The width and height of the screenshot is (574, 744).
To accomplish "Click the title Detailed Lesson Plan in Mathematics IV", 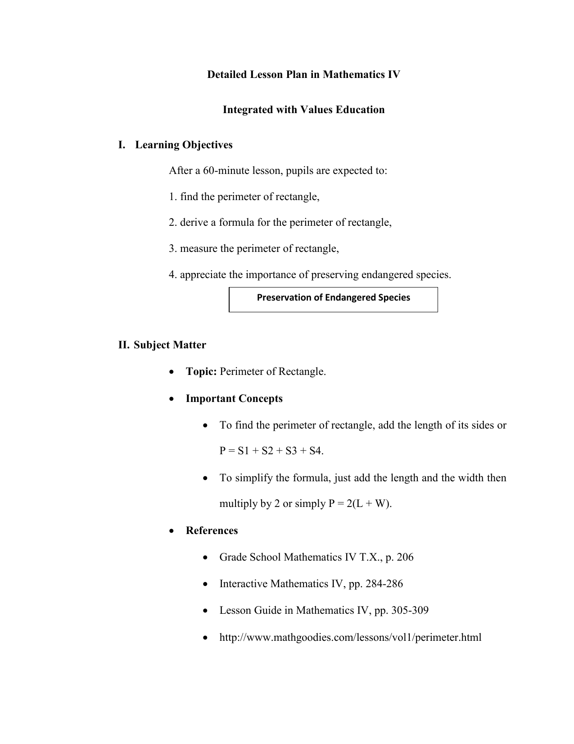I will click(303, 74).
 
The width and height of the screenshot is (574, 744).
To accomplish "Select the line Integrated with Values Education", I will click(303, 110).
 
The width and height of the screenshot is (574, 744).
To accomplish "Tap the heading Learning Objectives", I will click(184, 145).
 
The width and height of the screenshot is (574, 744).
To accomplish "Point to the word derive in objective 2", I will click(194, 223).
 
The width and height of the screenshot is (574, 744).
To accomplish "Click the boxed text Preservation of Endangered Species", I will click(333, 297).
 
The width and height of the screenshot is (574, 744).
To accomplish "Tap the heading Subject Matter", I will click(170, 345).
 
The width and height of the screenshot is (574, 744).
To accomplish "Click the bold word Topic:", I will click(201, 372).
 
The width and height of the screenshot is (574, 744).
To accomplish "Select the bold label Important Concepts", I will click(234, 399).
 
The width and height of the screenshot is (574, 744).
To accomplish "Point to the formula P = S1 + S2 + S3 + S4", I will click(271, 451).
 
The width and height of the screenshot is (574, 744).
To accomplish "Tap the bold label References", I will click(212, 531).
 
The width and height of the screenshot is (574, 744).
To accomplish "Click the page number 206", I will click(405, 557).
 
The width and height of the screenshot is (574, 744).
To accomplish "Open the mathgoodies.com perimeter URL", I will click(350, 637).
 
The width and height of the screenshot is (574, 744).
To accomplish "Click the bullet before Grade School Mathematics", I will click(205, 558).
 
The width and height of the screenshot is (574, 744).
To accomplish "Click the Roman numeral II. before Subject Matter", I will click(124, 345).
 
